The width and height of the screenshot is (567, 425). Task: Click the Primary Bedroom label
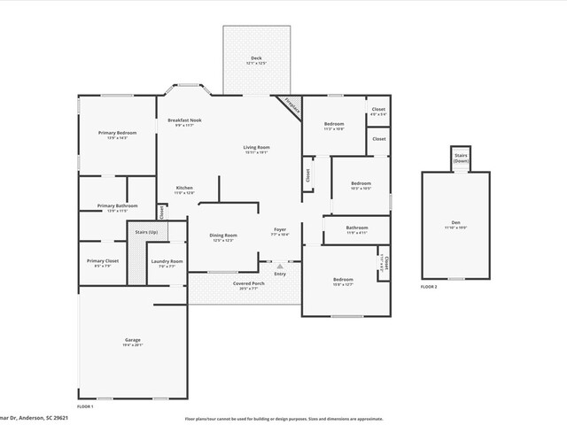point(117,133)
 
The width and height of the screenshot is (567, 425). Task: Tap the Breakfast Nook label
point(183,120)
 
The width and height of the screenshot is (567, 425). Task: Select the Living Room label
point(257,147)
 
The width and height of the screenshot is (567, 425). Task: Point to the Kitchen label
point(184,188)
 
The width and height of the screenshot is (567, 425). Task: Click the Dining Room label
point(223,236)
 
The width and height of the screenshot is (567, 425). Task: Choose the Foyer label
point(280,229)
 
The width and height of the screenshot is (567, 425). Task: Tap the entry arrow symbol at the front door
point(280,266)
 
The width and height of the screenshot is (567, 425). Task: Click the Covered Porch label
point(245,283)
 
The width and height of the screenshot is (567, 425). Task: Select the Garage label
point(132,340)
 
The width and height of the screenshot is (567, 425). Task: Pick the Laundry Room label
point(167,261)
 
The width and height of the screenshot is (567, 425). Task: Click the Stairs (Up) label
point(147,232)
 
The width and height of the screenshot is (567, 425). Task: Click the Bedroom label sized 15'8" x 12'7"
point(343,280)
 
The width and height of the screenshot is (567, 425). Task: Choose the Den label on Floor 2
point(455,222)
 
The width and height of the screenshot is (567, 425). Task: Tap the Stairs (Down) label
point(461,158)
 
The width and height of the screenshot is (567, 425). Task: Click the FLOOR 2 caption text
point(431,288)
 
